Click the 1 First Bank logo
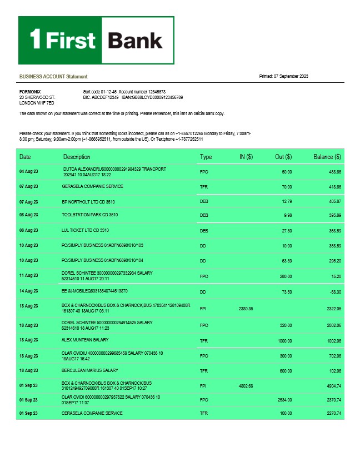tap(96, 40)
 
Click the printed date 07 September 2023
tap(283, 76)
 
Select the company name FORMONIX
tap(29, 91)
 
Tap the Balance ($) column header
tap(327, 157)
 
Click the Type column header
tap(206, 157)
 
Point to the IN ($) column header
tap(246, 157)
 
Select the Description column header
tap(77, 157)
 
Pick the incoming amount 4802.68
tap(246, 385)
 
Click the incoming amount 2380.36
tap(246, 308)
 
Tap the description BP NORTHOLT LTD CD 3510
tap(88, 201)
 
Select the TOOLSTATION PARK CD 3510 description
tap(89, 215)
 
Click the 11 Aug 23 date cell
tap(28, 276)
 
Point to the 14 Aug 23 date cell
tap(28, 291)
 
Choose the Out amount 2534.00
tap(283, 400)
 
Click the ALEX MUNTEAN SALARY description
tap(85, 340)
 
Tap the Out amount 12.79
tap(287, 201)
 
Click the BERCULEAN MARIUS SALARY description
tap(89, 370)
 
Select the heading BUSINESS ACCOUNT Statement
tap(53, 76)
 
